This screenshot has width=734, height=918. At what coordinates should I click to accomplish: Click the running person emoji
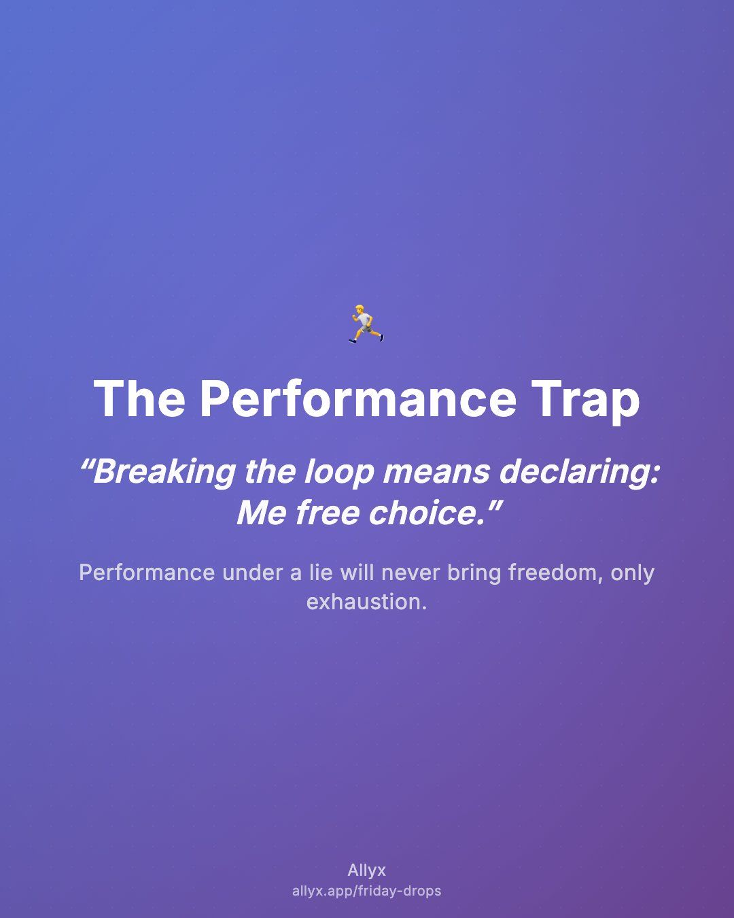tap(366, 324)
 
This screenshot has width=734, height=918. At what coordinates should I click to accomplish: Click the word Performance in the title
tap(358, 399)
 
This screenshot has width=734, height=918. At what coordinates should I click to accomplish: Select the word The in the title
tap(139, 398)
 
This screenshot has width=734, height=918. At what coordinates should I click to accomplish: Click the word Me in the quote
tap(262, 513)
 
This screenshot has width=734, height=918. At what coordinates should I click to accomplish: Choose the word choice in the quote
tap(424, 513)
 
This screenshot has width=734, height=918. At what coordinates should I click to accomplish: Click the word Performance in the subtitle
tap(147, 573)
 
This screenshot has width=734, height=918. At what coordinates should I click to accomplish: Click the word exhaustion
tap(367, 602)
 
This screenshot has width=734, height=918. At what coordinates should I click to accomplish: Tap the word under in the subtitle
tap(253, 573)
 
